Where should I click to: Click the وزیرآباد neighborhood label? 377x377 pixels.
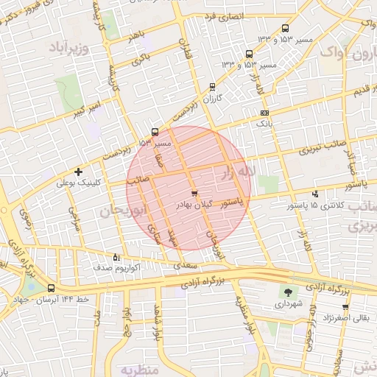(68, 49)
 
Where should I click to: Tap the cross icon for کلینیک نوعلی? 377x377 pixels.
(79, 171)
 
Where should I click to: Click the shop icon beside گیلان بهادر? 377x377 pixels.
(194, 194)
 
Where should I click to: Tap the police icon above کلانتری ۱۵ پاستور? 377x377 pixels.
(316, 194)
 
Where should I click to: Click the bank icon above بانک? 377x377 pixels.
(264, 113)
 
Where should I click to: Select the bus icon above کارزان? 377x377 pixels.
(213, 86)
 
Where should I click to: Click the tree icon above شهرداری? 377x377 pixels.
(287, 292)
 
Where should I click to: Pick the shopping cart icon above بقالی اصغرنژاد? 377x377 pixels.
(345, 307)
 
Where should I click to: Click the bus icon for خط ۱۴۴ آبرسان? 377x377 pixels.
(51, 288)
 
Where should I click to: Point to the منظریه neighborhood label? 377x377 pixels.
(139, 369)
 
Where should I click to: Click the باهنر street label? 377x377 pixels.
(135, 37)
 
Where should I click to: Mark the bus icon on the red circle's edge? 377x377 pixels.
(155, 133)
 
